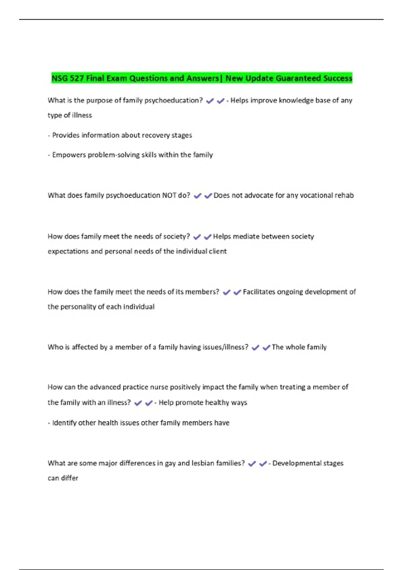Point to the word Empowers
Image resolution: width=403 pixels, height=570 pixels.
click(69, 155)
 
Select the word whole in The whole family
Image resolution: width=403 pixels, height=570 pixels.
click(295, 347)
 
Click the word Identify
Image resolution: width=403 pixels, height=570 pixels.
click(64, 423)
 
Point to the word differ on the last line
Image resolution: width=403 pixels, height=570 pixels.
click(70, 478)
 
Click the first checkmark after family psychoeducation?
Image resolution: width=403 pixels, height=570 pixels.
click(210, 101)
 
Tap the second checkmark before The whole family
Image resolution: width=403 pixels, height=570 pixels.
click(266, 348)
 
